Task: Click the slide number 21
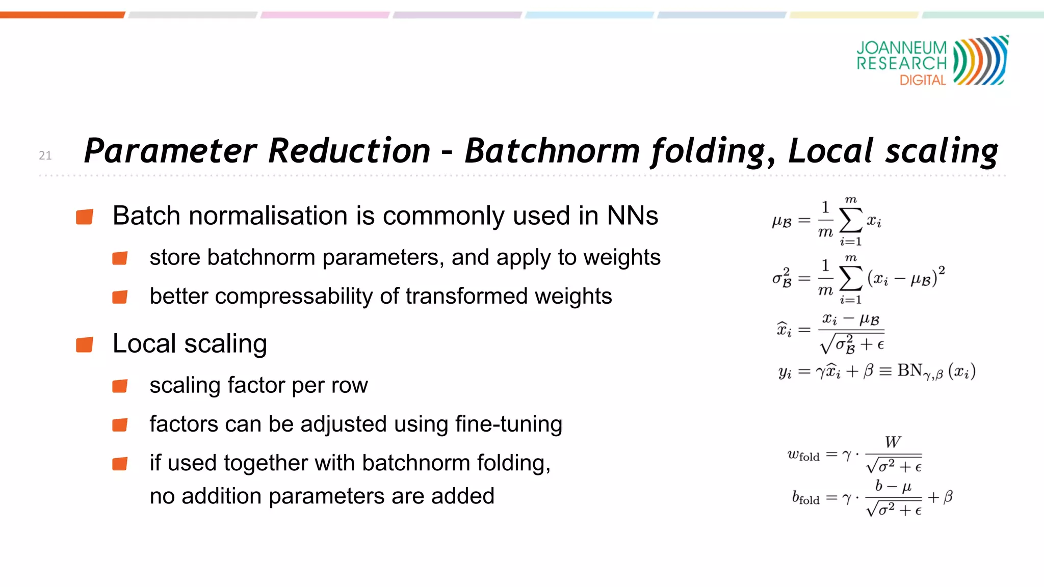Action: (45, 155)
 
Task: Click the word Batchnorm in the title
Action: (552, 151)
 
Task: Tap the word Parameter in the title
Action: (171, 151)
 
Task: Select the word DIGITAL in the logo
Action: (923, 80)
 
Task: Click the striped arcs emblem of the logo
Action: (980, 60)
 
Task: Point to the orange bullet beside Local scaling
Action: (85, 344)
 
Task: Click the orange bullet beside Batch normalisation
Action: (85, 217)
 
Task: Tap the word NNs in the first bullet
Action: (632, 216)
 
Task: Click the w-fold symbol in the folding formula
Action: (803, 454)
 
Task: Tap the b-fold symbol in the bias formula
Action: (805, 497)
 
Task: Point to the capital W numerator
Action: (893, 442)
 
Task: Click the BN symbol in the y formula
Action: (910, 370)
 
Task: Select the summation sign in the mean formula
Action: (850, 221)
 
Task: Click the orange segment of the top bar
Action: (62, 15)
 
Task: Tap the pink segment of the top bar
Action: (325, 15)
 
